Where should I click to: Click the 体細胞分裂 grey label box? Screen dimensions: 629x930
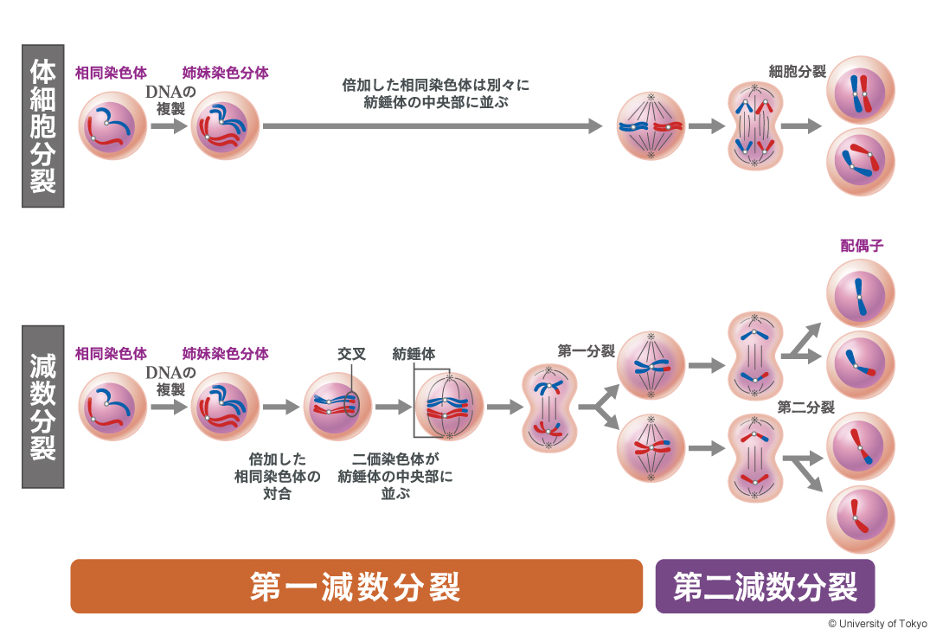[42, 125]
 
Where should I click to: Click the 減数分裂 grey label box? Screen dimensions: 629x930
[42, 407]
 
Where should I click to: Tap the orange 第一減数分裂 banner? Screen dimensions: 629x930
[356, 587]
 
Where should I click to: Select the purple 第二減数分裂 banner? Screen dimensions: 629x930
[765, 587]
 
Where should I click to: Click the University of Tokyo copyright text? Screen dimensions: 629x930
[876, 623]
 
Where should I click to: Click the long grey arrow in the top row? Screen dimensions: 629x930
[432, 126]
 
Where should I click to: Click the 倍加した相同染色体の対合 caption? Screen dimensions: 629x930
[277, 477]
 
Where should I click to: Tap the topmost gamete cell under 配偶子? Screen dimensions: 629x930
[861, 293]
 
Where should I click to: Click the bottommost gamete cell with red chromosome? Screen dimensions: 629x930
[861, 520]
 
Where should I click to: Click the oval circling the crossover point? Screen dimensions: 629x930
[350, 403]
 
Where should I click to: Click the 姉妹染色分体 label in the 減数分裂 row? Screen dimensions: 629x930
[225, 354]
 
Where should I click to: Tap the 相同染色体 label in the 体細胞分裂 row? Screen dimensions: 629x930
[111, 73]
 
